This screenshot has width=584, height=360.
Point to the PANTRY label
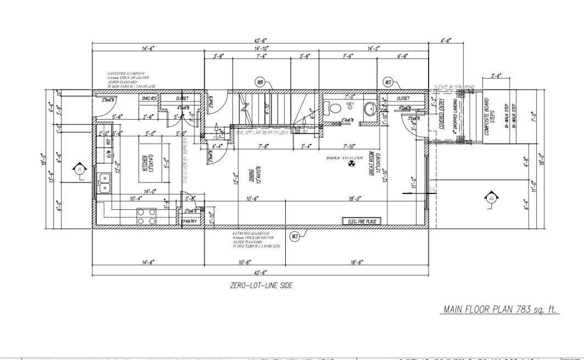(190, 221)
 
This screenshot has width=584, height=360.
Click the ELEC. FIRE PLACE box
(361, 221)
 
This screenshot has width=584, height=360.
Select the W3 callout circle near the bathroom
(388, 82)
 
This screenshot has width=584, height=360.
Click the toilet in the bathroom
(332, 107)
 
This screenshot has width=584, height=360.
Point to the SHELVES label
(149, 98)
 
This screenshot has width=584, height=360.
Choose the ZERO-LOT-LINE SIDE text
(261, 286)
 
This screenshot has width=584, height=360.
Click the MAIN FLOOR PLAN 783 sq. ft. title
(500, 310)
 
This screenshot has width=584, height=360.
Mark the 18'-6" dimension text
(356, 262)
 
